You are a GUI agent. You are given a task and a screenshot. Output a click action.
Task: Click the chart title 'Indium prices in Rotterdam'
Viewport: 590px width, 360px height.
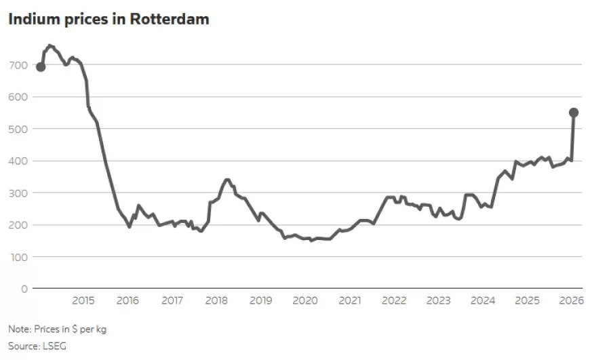click(109, 20)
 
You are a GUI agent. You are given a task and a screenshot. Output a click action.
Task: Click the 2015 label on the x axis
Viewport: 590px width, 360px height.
click(83, 301)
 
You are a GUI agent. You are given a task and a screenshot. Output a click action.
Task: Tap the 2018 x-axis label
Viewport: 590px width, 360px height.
click(216, 301)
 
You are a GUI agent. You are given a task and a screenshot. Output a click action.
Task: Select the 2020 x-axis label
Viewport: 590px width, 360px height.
click(304, 301)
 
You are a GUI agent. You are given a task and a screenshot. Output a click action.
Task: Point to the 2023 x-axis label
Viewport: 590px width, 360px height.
click(438, 301)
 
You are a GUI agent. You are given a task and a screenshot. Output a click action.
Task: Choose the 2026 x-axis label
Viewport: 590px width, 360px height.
click(571, 301)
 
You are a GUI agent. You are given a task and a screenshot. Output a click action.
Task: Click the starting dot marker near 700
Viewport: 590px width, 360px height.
click(41, 66)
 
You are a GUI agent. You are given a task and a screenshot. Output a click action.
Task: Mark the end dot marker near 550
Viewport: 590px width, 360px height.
click(574, 113)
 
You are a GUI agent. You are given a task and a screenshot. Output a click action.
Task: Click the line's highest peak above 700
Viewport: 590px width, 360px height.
click(50, 45)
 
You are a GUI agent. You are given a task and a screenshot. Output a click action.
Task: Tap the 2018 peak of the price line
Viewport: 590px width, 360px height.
click(227, 180)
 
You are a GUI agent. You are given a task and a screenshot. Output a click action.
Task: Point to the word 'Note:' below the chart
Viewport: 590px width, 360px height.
click(19, 329)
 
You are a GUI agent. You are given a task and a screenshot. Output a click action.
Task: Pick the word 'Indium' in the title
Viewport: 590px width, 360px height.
click(31, 20)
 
